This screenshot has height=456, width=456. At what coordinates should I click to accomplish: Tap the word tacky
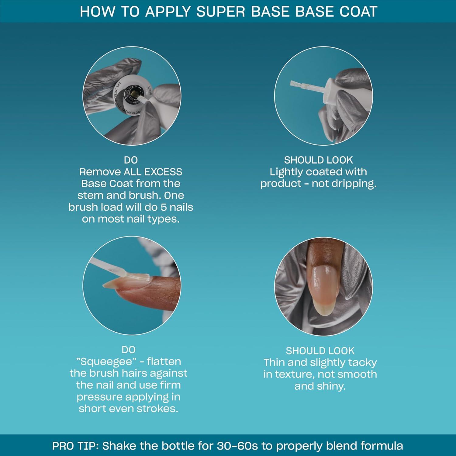point(363,363)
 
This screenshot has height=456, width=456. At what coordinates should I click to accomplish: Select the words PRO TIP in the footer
point(75,446)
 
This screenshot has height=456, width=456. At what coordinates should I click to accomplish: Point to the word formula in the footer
point(382,446)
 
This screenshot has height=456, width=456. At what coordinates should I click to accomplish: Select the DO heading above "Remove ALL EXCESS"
point(131,160)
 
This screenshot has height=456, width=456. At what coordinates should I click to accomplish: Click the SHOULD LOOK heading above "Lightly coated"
point(318,160)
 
